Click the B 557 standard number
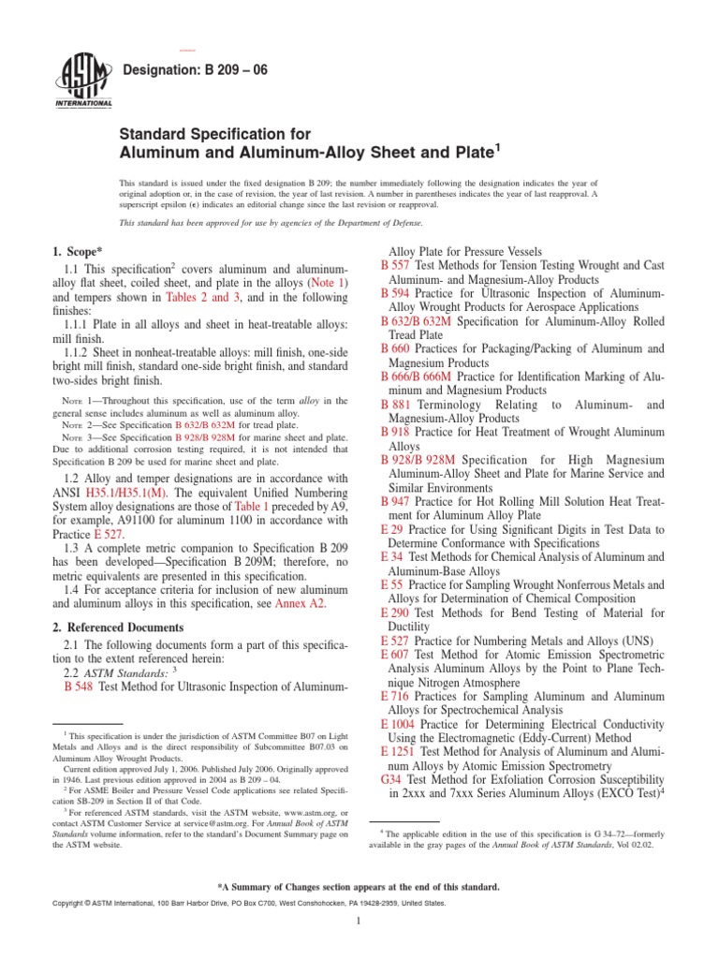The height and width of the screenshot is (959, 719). [x=398, y=266]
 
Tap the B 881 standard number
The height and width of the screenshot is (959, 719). [x=398, y=405]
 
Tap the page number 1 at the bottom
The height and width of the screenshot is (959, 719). [x=359, y=946]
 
